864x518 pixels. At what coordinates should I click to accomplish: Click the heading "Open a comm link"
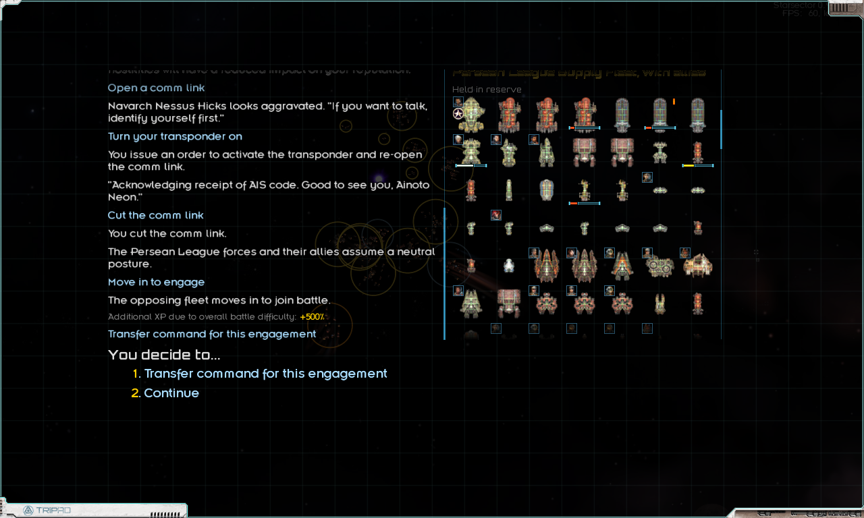(x=156, y=88)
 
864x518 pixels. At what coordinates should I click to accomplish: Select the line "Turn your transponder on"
(x=175, y=136)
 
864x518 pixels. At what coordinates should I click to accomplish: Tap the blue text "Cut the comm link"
(x=155, y=215)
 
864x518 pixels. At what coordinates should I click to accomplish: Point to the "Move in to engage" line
(x=156, y=282)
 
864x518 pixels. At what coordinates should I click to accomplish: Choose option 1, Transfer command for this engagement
(x=265, y=374)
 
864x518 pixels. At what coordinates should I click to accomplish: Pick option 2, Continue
(x=171, y=393)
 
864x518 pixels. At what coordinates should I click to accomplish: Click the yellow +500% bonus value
(x=312, y=317)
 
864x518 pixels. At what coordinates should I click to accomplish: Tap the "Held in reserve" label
(x=487, y=90)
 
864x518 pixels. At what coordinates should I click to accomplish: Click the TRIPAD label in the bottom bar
(x=53, y=510)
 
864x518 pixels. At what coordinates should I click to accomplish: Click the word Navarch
(x=132, y=106)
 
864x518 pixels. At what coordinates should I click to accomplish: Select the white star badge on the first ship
(x=458, y=113)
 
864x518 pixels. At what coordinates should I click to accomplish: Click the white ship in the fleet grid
(x=509, y=266)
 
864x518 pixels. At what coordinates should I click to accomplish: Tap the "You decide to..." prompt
(x=164, y=355)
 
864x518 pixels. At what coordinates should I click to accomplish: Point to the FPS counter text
(x=800, y=13)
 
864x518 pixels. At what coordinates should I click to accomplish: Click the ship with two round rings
(x=659, y=267)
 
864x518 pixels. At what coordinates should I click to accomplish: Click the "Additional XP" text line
(x=202, y=317)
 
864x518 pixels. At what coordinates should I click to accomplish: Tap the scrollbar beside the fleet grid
(x=722, y=129)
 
